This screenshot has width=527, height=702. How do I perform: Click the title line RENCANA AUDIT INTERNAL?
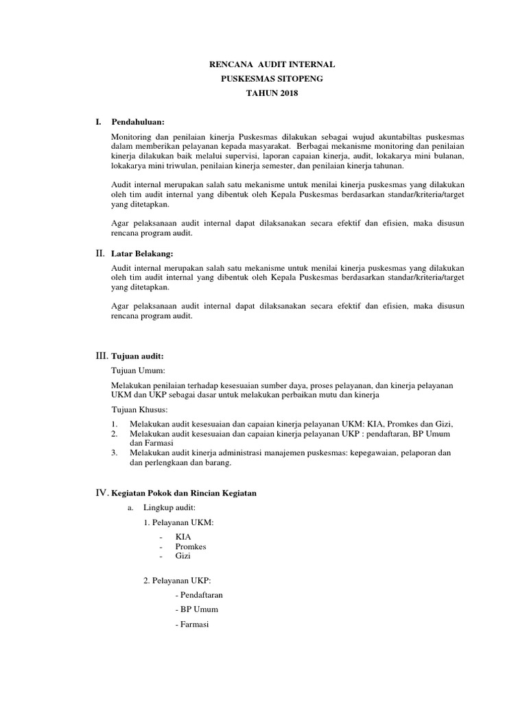coord(272,64)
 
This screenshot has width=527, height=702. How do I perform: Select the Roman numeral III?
coord(100,356)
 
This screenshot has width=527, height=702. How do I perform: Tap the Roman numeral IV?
coord(101,494)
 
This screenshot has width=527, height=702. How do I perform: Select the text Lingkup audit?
coord(169,507)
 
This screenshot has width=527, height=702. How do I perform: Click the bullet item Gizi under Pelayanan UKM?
coord(183,556)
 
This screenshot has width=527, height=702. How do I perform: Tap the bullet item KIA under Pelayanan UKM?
coord(183,537)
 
